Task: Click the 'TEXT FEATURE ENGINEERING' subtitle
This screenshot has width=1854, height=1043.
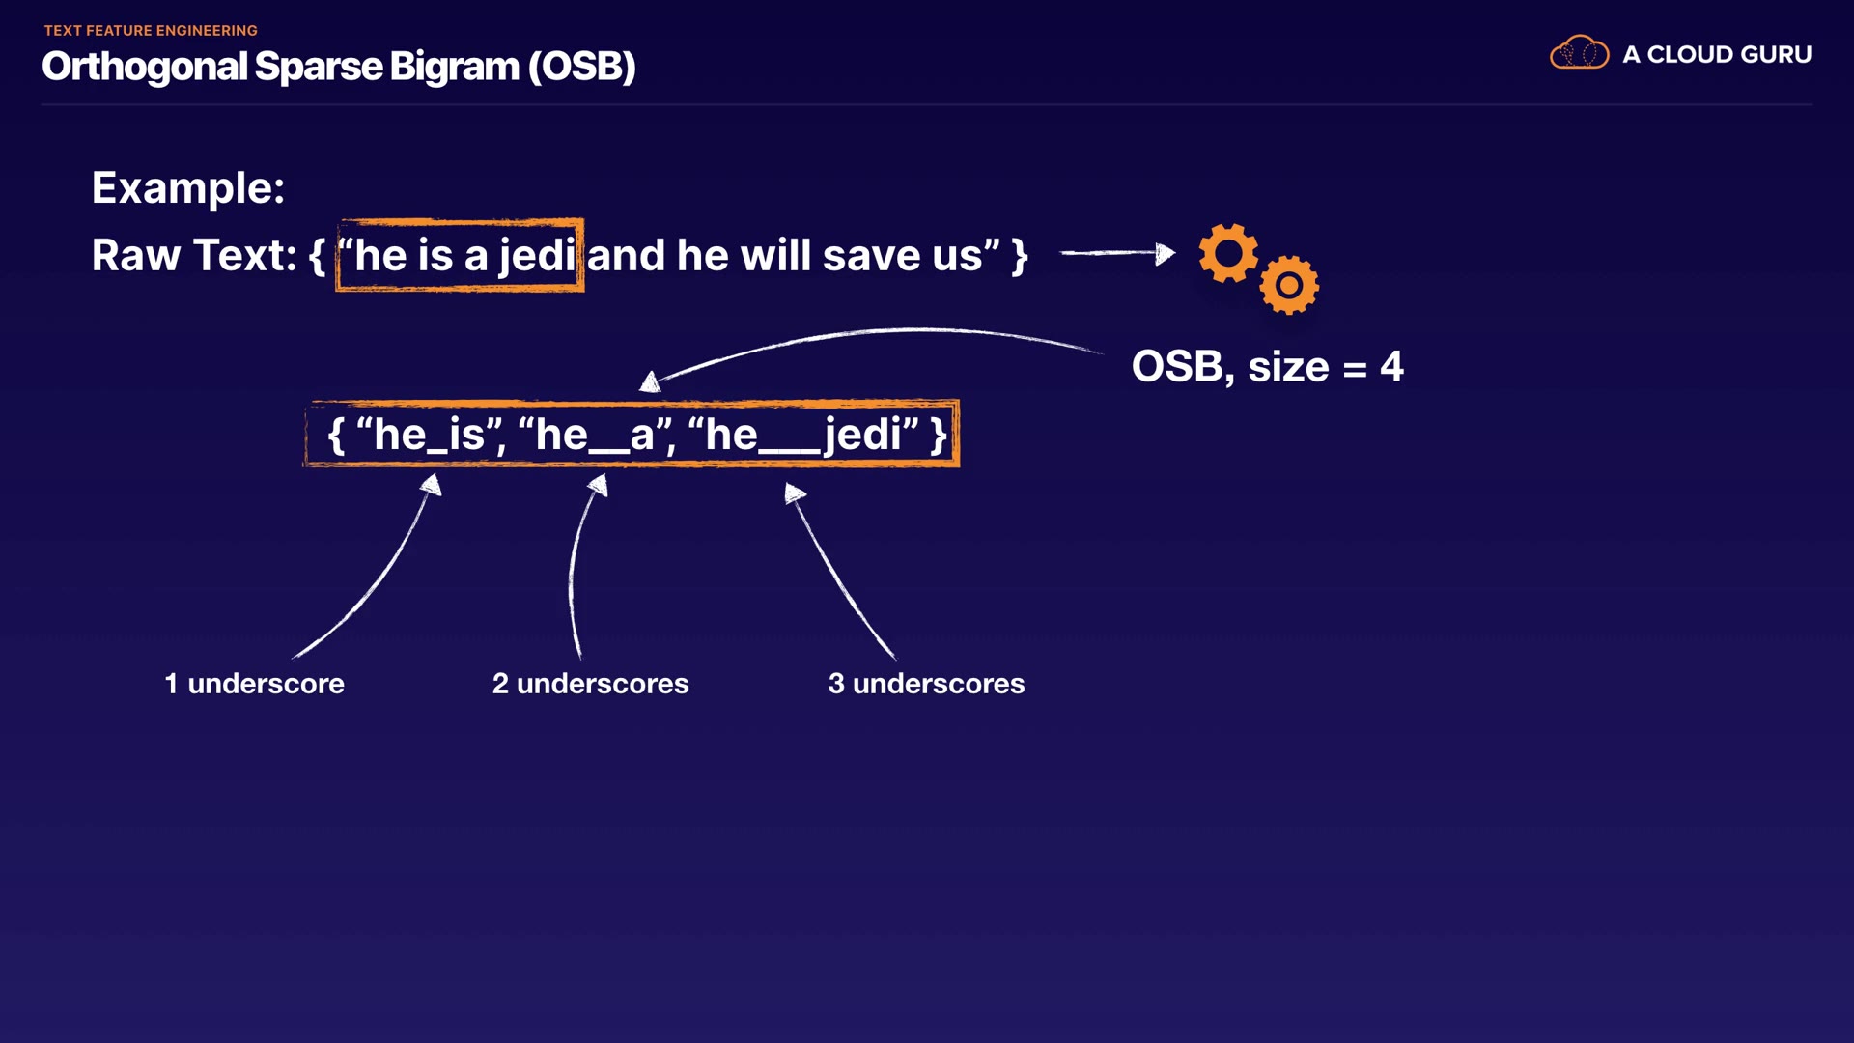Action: click(x=151, y=31)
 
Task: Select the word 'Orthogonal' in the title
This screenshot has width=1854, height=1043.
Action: click(x=145, y=68)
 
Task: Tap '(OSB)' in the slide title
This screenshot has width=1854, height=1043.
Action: click(x=581, y=67)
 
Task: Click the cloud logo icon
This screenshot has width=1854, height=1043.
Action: click(x=1579, y=53)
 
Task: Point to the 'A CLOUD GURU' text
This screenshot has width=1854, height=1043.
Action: click(x=1717, y=54)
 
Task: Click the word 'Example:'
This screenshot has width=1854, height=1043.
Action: click(x=188, y=187)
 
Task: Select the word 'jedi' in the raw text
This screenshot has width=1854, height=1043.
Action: click(x=537, y=256)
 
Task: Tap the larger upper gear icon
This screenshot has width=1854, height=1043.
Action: click(x=1228, y=253)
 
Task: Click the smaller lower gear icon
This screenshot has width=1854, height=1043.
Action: click(x=1289, y=285)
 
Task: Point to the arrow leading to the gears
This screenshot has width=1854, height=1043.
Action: click(x=1117, y=253)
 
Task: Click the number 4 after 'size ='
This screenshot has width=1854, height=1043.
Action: click(x=1391, y=367)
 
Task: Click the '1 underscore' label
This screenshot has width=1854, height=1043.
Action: click(x=254, y=684)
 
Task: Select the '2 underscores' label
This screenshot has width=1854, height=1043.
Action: click(x=590, y=684)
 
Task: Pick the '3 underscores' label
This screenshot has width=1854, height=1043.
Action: click(x=926, y=684)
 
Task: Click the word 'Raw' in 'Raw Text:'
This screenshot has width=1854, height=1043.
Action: click(x=136, y=256)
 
